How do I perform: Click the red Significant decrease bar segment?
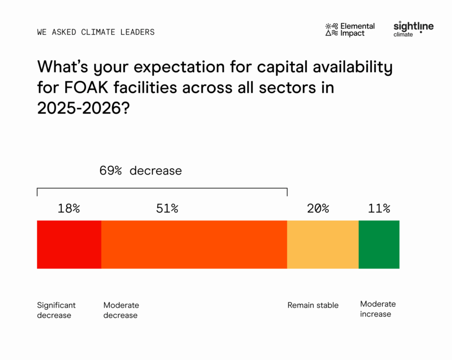69,245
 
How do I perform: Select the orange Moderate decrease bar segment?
194,245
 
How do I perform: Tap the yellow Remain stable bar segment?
323,245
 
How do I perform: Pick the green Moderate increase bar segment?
379,245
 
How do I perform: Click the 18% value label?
69,208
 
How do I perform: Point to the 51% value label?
167,208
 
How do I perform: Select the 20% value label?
318,208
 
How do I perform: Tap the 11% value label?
379,208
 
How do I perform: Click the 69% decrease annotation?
141,171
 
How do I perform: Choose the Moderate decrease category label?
121,310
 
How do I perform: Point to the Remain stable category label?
313,305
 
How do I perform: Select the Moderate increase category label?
378,309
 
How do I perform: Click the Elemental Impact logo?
350,30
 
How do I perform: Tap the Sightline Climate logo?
414,29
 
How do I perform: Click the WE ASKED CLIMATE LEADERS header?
96,32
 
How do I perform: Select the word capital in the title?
282,67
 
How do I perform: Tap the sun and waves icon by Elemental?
331,30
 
